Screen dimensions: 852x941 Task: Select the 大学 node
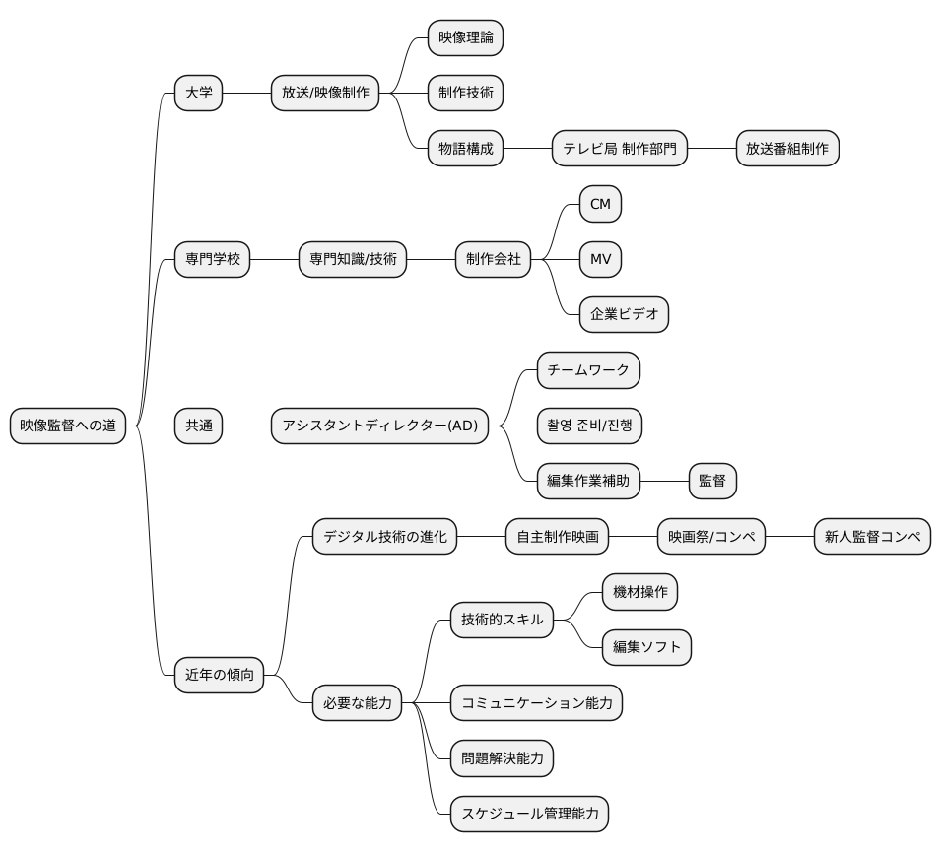point(198,93)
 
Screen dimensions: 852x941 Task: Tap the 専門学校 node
point(212,259)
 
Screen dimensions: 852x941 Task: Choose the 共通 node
point(198,426)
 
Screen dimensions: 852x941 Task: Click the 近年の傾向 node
point(220,676)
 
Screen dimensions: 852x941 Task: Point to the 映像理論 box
point(465,37)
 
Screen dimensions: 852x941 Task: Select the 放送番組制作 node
point(787,148)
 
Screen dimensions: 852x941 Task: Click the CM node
point(600,204)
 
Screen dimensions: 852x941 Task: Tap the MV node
point(600,259)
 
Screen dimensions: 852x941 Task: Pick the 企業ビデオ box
point(624,314)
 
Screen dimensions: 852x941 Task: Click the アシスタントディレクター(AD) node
point(379,426)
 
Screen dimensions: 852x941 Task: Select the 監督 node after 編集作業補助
point(712,481)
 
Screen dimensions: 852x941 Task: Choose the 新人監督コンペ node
point(872,537)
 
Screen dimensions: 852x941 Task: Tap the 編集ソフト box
point(646,647)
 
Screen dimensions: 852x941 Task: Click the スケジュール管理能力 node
point(529,814)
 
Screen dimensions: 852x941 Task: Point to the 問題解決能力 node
point(502,758)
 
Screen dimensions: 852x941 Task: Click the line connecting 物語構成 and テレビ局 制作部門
point(527,148)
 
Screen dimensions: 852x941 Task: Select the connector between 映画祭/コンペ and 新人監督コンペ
point(790,537)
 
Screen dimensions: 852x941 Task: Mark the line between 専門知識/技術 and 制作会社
point(431,259)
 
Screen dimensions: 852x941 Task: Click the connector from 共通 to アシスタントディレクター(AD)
point(246,426)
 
